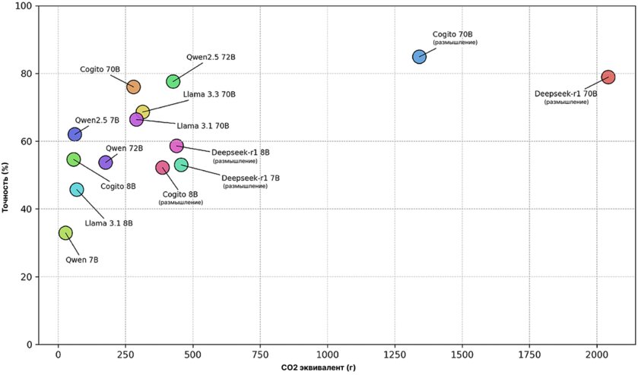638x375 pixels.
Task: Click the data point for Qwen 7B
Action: coord(65,233)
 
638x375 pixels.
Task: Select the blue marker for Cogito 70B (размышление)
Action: coord(419,57)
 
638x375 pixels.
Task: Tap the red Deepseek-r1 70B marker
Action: coord(608,77)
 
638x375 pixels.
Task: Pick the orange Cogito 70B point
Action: coord(134,87)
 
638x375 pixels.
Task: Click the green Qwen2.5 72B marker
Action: coord(173,81)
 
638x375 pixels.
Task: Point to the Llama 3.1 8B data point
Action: coord(77,190)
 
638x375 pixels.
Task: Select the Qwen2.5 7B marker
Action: coord(75,134)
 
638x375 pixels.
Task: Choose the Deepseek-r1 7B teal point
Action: coord(181,165)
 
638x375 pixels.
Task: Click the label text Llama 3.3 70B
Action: coord(209,95)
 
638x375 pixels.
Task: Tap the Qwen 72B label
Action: coord(124,148)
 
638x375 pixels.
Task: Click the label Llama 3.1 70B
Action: coord(202,126)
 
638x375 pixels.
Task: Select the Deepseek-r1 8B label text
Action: coord(240,153)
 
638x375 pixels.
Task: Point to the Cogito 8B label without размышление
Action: coord(118,187)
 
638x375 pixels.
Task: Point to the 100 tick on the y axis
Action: coord(36,6)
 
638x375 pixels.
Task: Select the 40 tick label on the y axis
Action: coord(38,210)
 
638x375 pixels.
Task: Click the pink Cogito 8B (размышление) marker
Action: coord(163,168)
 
